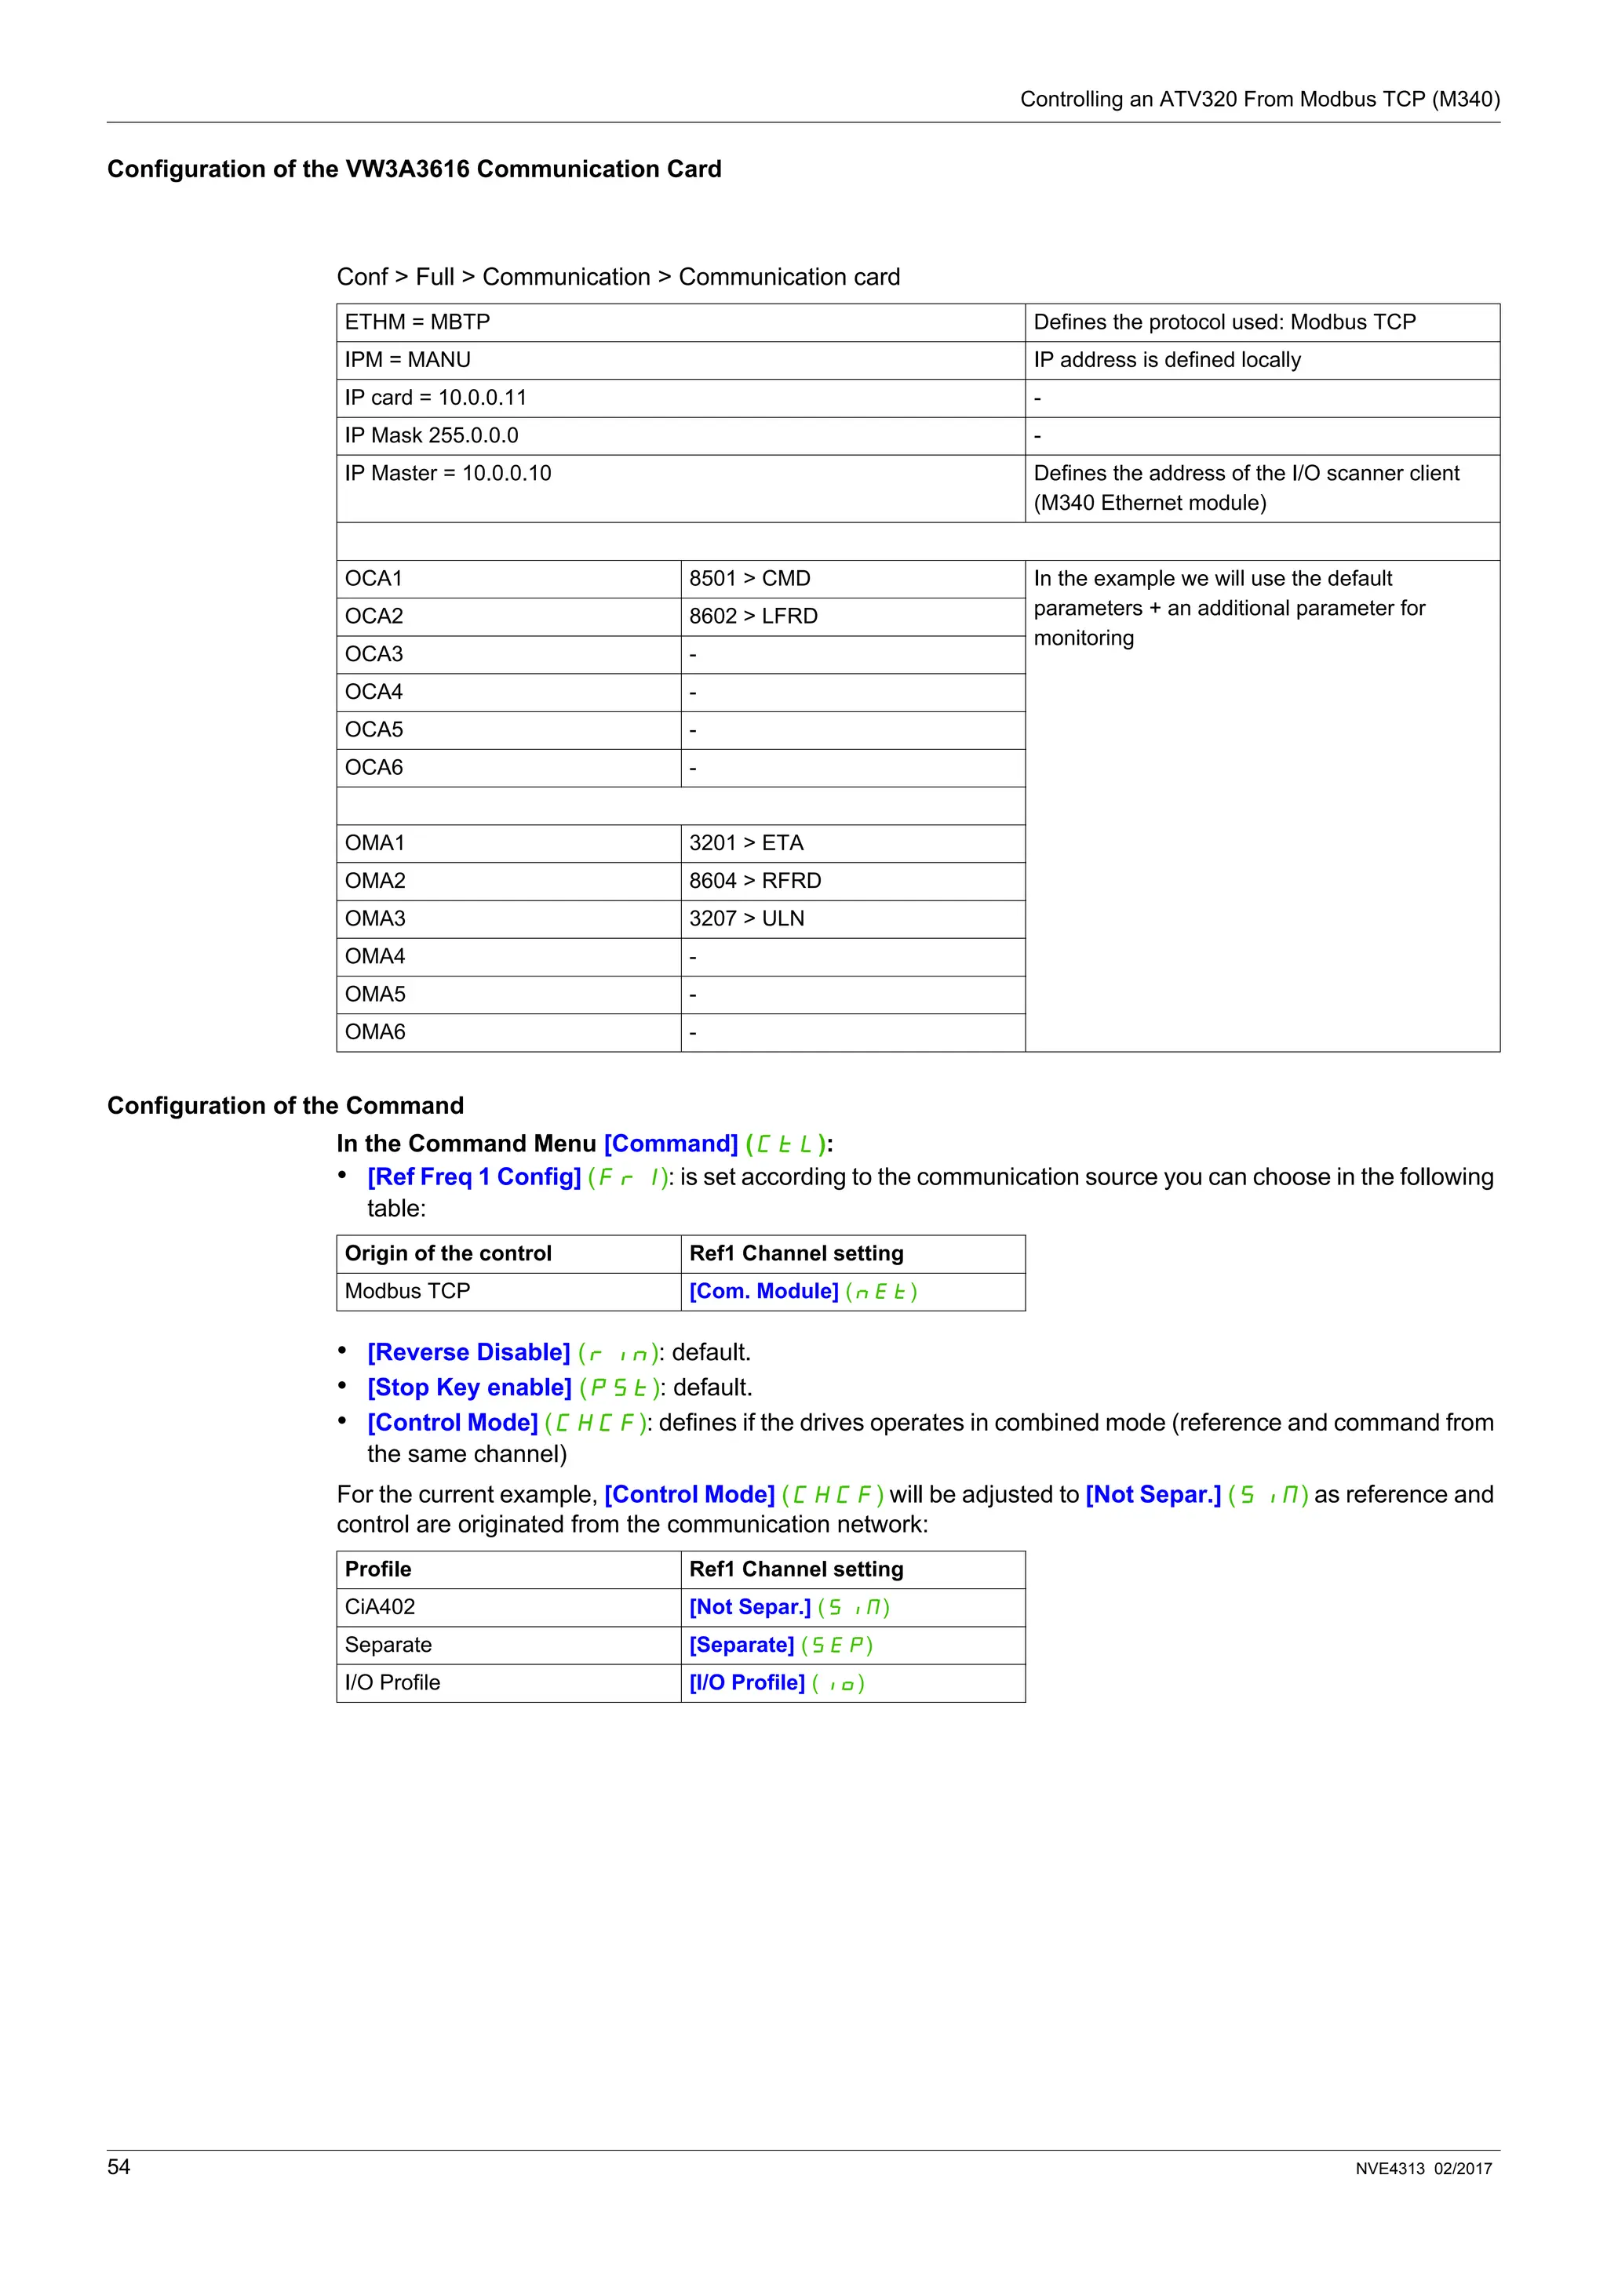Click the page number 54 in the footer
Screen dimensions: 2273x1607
pos(118,2167)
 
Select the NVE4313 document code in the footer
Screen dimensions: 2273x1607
pos(1389,2169)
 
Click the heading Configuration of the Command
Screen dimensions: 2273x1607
pos(285,1106)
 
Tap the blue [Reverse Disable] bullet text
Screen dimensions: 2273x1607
pos(468,1352)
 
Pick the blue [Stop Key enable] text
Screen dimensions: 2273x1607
pos(469,1388)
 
